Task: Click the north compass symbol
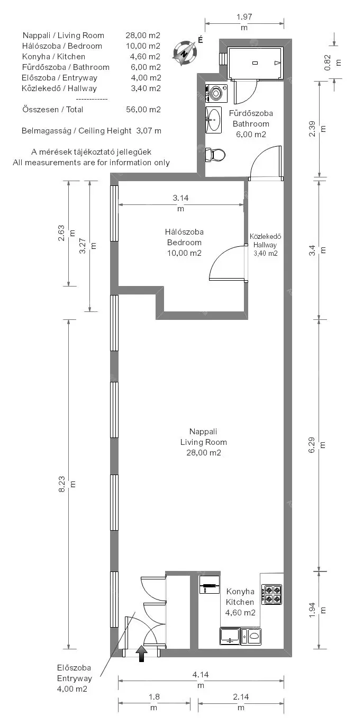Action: click(x=184, y=53)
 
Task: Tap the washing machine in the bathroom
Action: click(x=216, y=93)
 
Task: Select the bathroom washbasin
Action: click(x=213, y=120)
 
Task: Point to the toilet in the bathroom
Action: click(x=215, y=155)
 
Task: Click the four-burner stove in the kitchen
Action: click(x=271, y=594)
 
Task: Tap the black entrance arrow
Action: click(x=141, y=653)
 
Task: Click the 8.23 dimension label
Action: click(x=67, y=484)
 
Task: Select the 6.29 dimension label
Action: click(x=317, y=445)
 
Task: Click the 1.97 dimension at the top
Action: click(x=244, y=22)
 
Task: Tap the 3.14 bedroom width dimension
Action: click(x=180, y=203)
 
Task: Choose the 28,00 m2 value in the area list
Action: click(x=143, y=35)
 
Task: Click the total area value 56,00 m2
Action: click(x=143, y=110)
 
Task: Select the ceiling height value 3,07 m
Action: click(x=149, y=131)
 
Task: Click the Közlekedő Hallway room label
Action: click(x=266, y=245)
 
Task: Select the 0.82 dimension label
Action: click(x=333, y=62)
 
